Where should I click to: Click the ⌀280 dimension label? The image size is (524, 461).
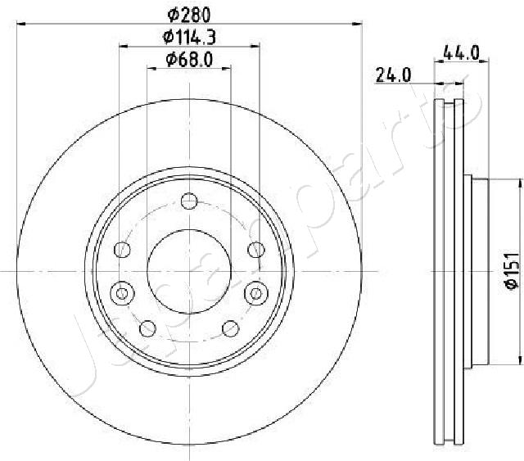point(189,15)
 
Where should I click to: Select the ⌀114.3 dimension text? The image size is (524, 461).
point(189,37)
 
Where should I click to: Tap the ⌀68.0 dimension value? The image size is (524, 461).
point(189,60)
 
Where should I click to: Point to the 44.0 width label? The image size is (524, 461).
point(461,53)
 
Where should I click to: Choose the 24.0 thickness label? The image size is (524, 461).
point(393,75)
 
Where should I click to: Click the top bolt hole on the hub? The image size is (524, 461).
point(189,201)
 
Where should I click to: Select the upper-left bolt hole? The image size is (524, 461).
point(122,250)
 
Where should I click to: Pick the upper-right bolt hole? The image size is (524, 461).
point(256,250)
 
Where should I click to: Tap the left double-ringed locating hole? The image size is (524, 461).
point(122,293)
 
